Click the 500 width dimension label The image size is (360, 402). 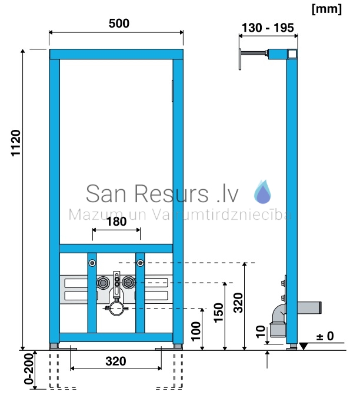click(119, 24)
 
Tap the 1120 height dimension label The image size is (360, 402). click(16, 143)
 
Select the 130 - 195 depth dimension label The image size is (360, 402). click(268, 28)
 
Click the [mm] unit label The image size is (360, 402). click(326, 9)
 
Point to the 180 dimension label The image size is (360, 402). click(116, 222)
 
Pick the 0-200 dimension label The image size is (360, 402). click(29, 369)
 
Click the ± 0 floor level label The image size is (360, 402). click(325, 336)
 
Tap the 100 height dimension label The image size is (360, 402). click(196, 331)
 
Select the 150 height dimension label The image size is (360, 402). click(219, 313)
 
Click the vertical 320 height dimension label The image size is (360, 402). click(238, 303)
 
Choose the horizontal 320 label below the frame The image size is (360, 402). click(116, 361)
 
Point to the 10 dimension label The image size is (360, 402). click(261, 331)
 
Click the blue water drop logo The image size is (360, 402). click(262, 192)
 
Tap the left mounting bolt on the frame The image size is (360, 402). click(92, 263)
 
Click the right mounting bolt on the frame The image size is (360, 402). click(140, 263)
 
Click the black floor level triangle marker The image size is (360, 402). click(304, 346)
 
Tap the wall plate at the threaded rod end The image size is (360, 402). click(240, 59)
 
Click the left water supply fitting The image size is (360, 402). click(103, 283)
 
